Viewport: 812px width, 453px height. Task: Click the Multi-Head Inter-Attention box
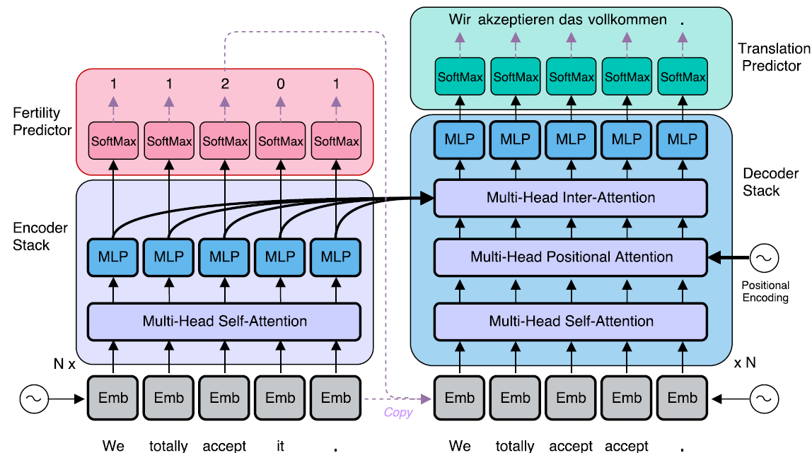click(570, 198)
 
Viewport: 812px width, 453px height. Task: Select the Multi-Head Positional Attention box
click(570, 257)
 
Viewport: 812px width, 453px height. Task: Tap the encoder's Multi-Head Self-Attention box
click(224, 322)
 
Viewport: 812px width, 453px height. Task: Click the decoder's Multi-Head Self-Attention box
click(570, 322)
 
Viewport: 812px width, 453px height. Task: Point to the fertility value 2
click(224, 84)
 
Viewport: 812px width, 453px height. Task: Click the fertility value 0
click(280, 84)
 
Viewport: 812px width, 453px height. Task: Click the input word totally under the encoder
click(168, 446)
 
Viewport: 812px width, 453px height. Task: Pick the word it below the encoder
click(280, 446)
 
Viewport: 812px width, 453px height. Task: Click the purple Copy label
click(398, 413)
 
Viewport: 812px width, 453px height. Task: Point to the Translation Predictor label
click(774, 57)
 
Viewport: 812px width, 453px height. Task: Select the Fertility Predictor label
click(42, 121)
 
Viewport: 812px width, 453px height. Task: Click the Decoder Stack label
click(761, 182)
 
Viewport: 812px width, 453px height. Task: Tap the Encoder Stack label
click(41, 237)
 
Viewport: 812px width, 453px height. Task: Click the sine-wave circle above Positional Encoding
click(764, 259)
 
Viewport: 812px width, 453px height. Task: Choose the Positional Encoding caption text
click(765, 292)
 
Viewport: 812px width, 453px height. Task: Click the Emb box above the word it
click(280, 399)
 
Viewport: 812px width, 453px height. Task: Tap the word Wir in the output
click(459, 20)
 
